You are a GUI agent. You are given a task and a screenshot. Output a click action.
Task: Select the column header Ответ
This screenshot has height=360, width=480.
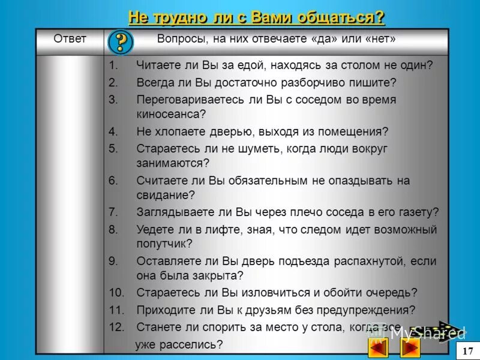click(70, 39)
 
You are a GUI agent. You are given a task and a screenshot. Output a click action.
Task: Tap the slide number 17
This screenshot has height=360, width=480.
click(468, 350)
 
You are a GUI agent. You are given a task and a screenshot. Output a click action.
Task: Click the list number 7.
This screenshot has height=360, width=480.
click(113, 212)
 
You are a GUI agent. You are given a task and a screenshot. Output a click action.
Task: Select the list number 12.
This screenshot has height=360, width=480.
click(116, 328)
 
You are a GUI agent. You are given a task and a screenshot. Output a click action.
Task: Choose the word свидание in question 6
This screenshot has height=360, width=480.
click(163, 194)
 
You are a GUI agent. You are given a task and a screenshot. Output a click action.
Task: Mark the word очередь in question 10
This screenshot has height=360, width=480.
click(391, 293)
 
